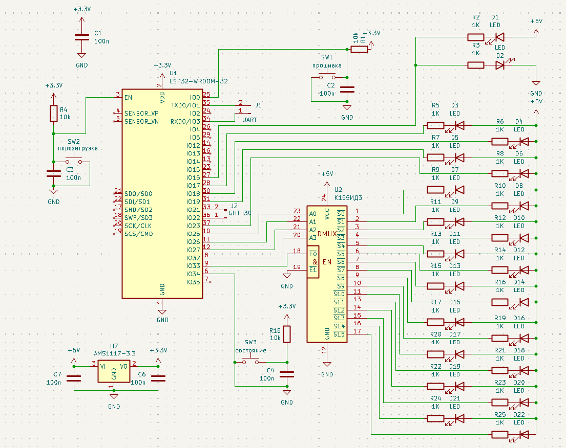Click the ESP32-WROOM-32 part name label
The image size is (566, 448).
click(x=199, y=81)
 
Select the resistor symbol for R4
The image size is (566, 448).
click(x=53, y=114)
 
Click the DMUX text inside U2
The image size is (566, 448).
click(x=327, y=234)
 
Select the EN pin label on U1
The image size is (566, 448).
click(x=128, y=97)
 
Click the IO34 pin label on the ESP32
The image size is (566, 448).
click(x=193, y=274)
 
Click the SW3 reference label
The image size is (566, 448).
click(x=250, y=342)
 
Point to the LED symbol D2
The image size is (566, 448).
click(x=500, y=65)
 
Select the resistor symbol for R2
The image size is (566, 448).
click(x=475, y=37)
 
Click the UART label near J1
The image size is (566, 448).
click(x=249, y=120)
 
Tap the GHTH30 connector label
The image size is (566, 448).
click(x=240, y=213)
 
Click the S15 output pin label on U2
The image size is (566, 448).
click(x=339, y=334)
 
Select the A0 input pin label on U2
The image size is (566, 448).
click(x=313, y=214)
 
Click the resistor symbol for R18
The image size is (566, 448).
click(x=287, y=334)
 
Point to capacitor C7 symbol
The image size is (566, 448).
click(x=75, y=378)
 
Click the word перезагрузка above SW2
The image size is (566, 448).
click(x=77, y=148)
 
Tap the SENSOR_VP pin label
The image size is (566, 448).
click(x=141, y=113)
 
